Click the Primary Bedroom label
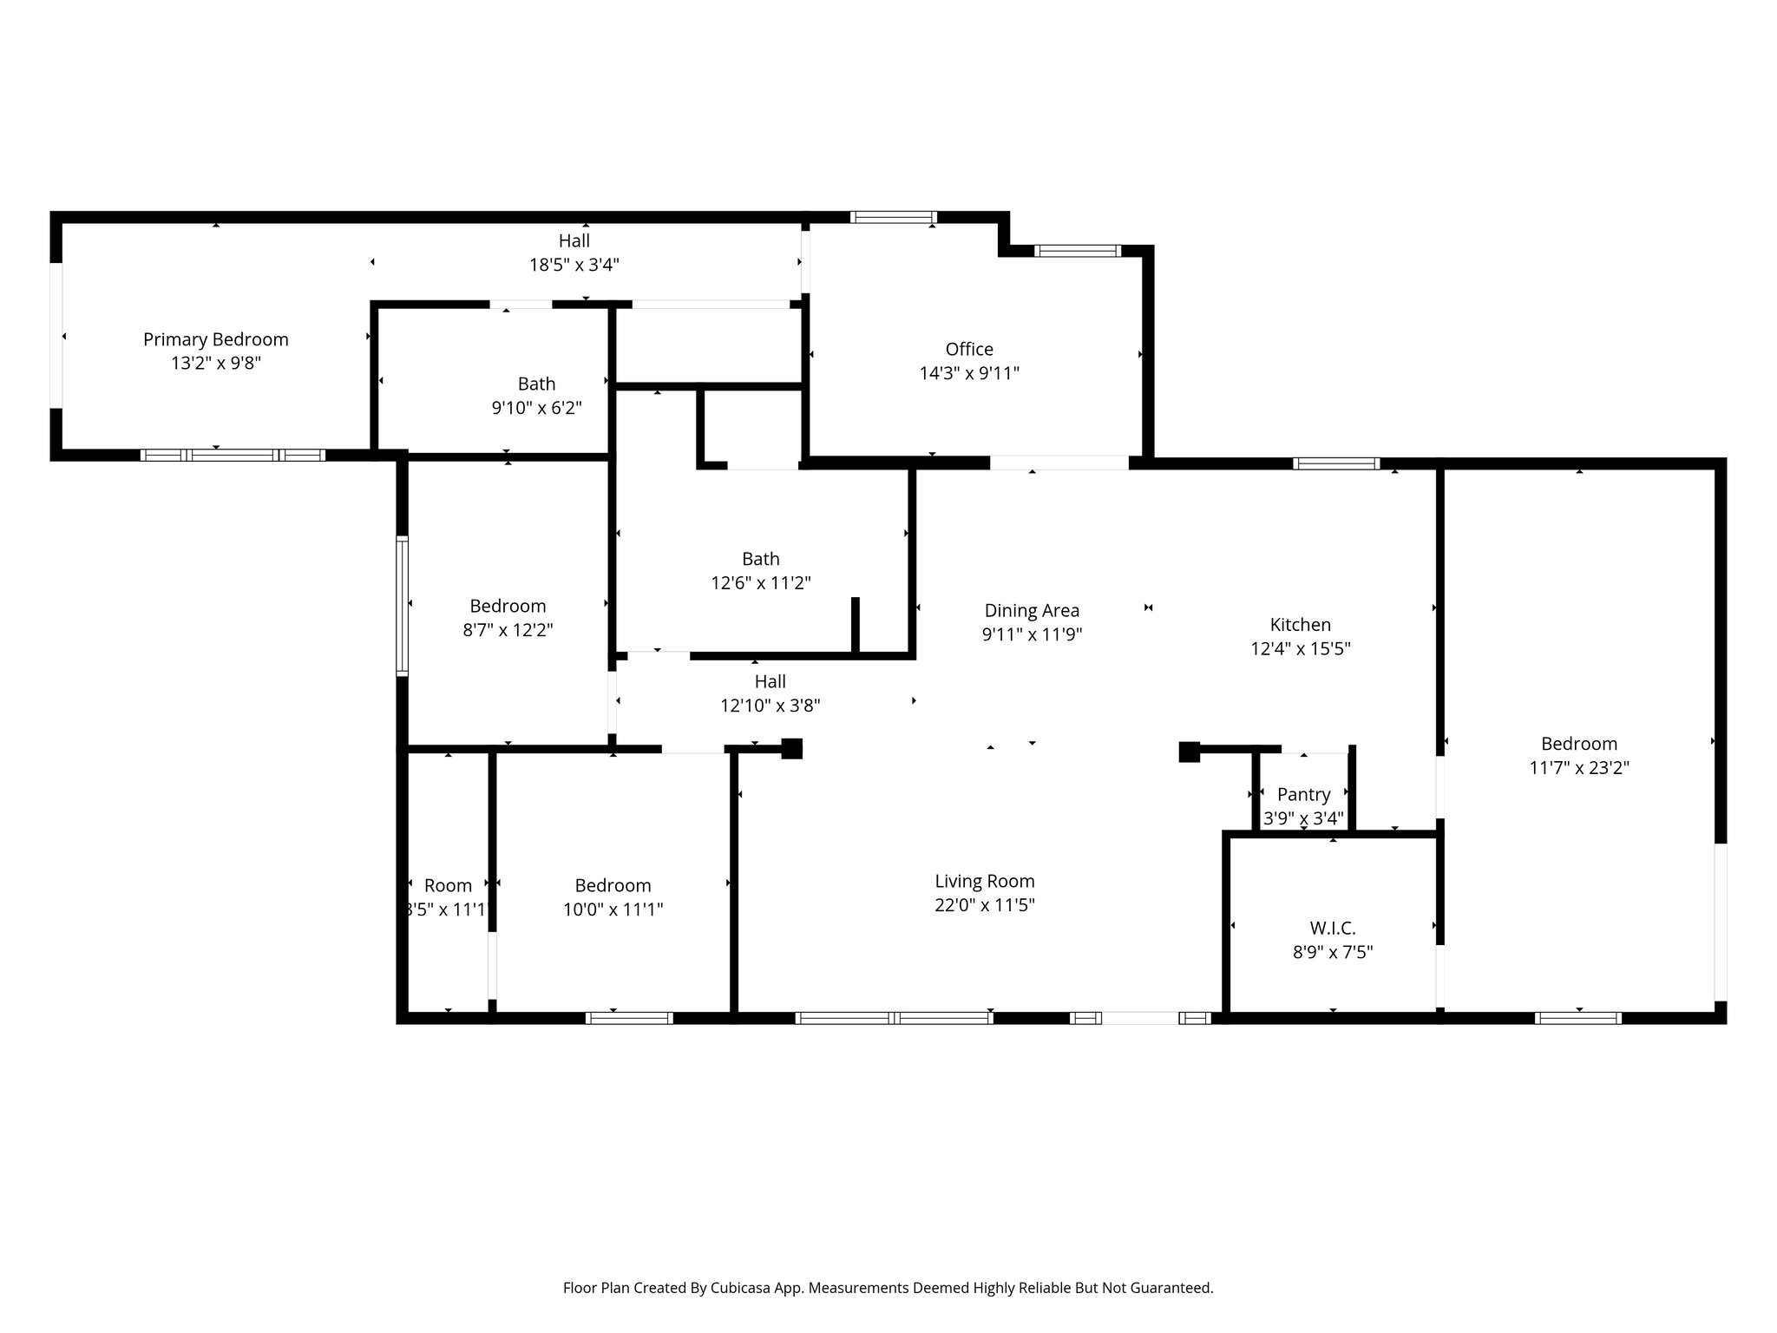point(215,339)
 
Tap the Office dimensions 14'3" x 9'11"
point(969,373)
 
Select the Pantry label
point(1303,794)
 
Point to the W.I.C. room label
point(1332,928)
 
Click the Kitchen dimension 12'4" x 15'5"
point(1300,648)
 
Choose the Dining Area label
point(1032,610)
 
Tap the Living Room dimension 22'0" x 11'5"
point(984,905)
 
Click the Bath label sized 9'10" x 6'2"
point(536,384)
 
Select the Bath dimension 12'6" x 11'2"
point(761,583)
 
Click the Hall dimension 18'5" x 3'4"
point(574,265)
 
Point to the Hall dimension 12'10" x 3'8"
point(770,706)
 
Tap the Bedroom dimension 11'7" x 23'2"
point(1578,767)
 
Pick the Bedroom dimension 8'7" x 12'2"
point(508,630)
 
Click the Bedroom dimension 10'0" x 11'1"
point(613,909)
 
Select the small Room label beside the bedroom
point(448,885)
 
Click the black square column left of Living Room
point(791,748)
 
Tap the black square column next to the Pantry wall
point(1189,752)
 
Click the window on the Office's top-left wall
point(893,217)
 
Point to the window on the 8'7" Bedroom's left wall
point(403,605)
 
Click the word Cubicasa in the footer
point(744,1288)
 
